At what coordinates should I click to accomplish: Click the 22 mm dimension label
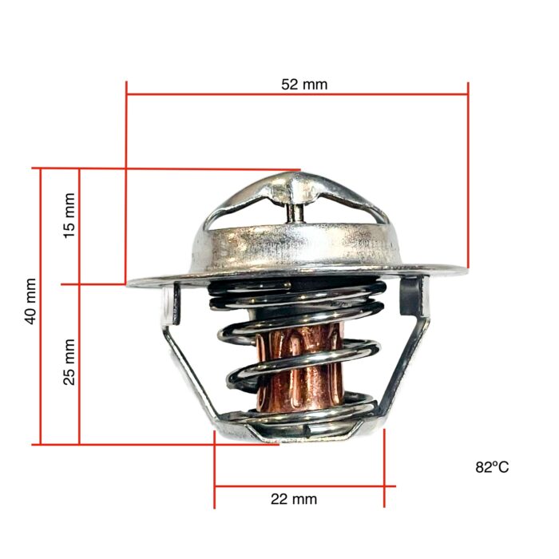(x=294, y=499)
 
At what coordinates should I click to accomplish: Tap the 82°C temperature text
(x=492, y=467)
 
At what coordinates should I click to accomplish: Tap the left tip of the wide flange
(x=131, y=281)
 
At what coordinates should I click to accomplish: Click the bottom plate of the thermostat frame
(x=299, y=431)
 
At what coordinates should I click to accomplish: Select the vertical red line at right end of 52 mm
(x=468, y=176)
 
